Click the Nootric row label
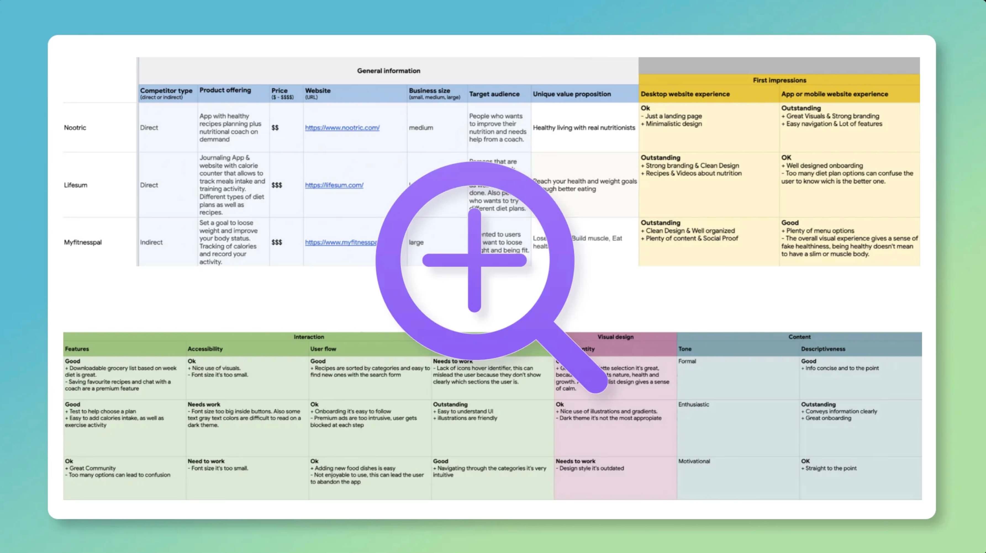pos(75,128)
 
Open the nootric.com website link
pos(342,128)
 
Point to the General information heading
pos(389,71)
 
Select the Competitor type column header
pos(166,91)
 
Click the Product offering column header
pos(225,90)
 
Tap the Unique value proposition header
pos(572,94)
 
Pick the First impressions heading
pos(779,80)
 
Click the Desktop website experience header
pos(685,94)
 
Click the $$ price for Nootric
pos(275,128)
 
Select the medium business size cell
pos(421,128)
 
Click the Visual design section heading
pos(615,337)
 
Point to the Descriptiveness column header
pos(823,349)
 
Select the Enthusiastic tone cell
pos(694,404)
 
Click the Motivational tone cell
pos(694,461)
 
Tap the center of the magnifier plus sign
pos(474,260)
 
